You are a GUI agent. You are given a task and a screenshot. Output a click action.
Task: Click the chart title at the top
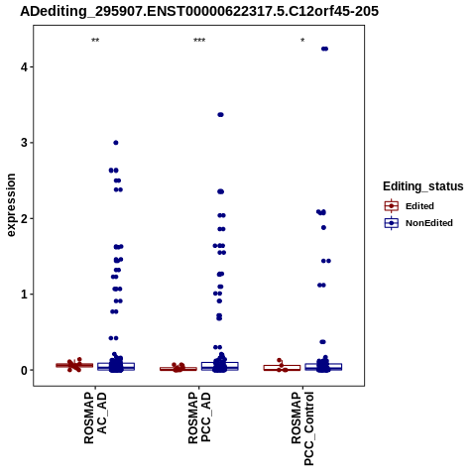click(199, 11)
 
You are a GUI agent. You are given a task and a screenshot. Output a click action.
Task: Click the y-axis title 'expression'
click(11, 205)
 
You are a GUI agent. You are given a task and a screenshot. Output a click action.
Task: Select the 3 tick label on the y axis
click(25, 143)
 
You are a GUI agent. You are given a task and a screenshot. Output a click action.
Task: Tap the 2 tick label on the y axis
click(25, 218)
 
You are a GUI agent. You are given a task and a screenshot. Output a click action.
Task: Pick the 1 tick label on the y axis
click(25, 295)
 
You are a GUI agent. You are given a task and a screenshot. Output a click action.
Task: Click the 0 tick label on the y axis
click(25, 370)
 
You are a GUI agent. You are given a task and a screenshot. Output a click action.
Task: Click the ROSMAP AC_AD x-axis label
click(95, 418)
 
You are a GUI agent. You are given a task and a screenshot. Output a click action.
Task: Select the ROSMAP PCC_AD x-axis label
click(199, 418)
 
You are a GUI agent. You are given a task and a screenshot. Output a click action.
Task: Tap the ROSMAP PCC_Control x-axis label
click(302, 428)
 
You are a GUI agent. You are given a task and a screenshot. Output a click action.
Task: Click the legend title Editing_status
click(423, 186)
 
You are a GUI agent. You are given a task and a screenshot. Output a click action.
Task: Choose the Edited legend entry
click(409, 206)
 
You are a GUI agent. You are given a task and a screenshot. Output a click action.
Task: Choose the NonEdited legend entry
click(418, 223)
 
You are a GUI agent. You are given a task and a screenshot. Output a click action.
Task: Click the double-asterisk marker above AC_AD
click(95, 41)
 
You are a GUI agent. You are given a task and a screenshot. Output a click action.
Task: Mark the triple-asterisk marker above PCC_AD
click(199, 41)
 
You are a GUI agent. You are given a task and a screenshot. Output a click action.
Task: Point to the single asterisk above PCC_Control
click(302, 41)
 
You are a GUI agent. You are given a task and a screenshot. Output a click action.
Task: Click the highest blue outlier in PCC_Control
click(324, 49)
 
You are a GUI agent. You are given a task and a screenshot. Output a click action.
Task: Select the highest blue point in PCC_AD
click(220, 115)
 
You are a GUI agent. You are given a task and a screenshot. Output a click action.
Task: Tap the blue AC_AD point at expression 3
click(116, 143)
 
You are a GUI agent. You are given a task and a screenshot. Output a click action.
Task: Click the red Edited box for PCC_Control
click(282, 368)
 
